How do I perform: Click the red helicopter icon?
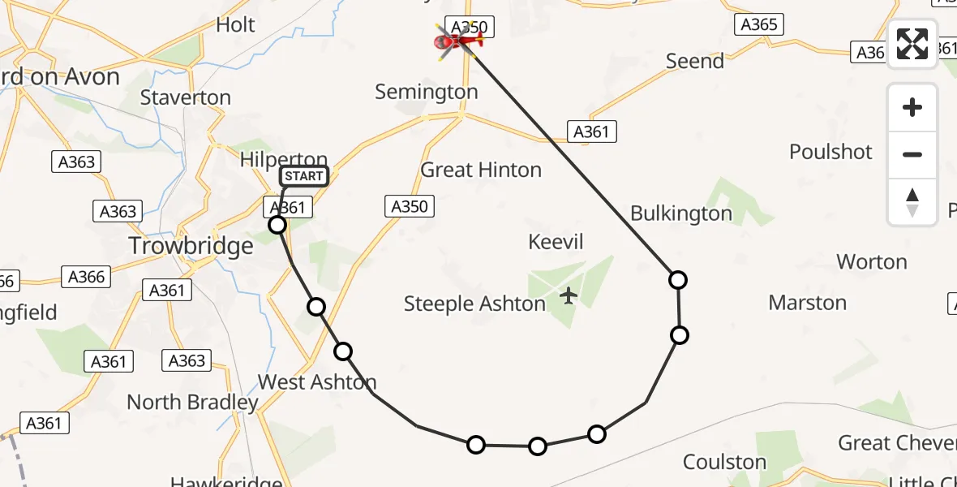[458, 40]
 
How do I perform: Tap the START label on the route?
[304, 176]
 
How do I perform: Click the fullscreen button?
[912, 44]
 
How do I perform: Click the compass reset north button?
[912, 202]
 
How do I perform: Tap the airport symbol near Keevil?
[569, 295]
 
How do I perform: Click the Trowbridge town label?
[191, 245]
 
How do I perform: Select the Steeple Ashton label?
[474, 304]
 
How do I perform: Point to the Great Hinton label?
[481, 170]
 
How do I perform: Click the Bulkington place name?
[681, 213]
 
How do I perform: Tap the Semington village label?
[427, 93]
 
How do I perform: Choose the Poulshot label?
[830, 152]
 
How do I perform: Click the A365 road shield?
[759, 24]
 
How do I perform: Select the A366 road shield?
[87, 277]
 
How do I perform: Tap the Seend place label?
[694, 61]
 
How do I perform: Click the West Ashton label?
[317, 381]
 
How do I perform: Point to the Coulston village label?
[724, 462]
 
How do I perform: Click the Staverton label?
[186, 97]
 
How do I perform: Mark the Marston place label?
[807, 303]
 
